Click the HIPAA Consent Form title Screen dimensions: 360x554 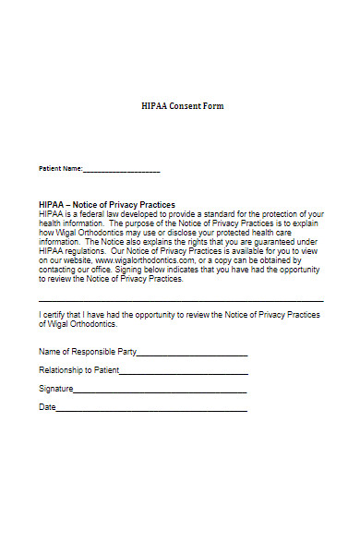[183, 106]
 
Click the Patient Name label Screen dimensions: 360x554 [60, 170]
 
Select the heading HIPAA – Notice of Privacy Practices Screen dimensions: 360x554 [107, 204]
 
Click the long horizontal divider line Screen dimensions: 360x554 [181, 301]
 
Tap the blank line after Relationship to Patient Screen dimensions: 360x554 [184, 374]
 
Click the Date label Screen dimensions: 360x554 [47, 407]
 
